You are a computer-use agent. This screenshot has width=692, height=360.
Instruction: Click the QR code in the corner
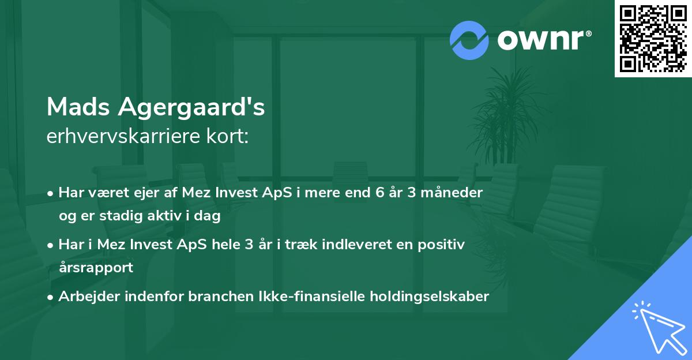click(x=653, y=38)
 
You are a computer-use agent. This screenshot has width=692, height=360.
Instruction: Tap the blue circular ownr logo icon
click(x=469, y=40)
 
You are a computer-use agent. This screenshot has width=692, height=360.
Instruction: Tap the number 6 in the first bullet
click(x=379, y=193)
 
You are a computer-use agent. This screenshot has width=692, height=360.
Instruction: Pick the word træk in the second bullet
click(x=296, y=245)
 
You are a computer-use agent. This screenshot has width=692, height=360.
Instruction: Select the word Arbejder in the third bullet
click(x=85, y=297)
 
